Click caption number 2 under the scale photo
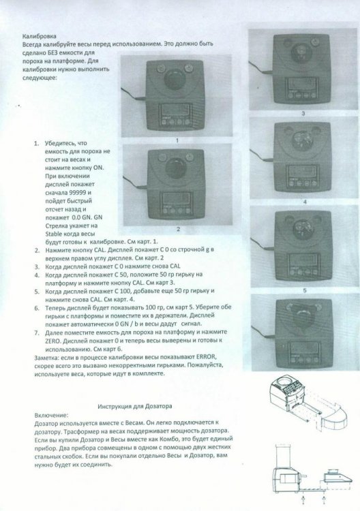tap(177, 229)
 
